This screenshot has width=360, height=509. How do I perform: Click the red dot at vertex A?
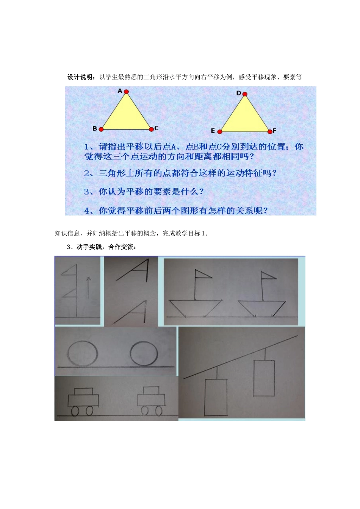[x=126, y=92]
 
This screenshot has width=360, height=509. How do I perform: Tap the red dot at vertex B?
[x=101, y=129]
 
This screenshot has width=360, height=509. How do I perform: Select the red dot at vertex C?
[x=151, y=129]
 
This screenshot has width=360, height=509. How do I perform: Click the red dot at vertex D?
[x=245, y=94]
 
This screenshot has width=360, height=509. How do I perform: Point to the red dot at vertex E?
[x=219, y=131]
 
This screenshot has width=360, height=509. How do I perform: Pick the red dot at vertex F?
[x=270, y=131]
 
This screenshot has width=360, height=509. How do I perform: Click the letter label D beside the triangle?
[x=239, y=93]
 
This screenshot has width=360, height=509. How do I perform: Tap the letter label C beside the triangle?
[x=157, y=128]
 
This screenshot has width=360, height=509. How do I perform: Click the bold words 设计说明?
[x=81, y=77]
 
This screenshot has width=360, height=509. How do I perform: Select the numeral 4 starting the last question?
[x=87, y=211]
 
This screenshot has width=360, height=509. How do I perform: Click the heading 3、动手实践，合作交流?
[x=101, y=247]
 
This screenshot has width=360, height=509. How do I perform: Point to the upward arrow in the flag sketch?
[x=88, y=287]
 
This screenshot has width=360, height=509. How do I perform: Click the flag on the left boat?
[x=202, y=273]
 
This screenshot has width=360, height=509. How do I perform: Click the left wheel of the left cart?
[x=75, y=411]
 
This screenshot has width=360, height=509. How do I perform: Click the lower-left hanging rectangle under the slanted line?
[x=216, y=397]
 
